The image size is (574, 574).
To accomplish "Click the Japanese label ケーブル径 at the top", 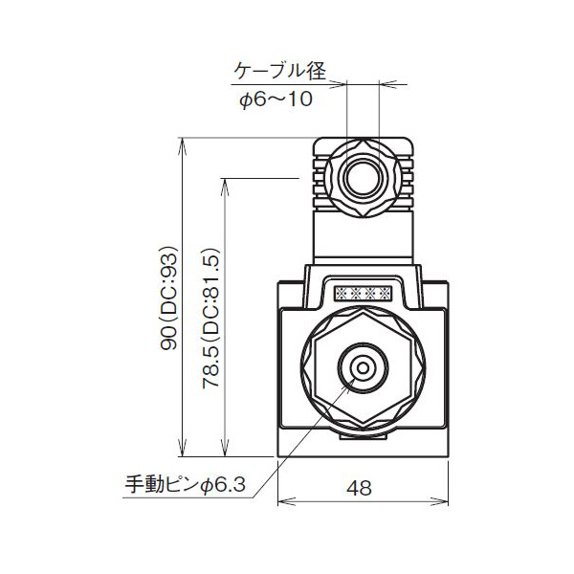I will pos(280,71).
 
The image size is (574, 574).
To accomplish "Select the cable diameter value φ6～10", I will pos(276,99).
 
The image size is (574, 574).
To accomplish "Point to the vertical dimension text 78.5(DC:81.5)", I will pos(212,317).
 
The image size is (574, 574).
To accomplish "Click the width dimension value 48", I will pos(360,488).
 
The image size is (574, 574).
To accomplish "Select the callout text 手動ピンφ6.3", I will pos(187,485).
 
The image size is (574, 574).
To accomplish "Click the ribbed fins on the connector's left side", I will pos(317,179).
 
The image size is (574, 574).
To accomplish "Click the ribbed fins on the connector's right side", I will pos(409,179).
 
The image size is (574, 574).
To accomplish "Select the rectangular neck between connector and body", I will pos(364,239).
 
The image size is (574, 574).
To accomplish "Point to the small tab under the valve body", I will pos(364,439).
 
